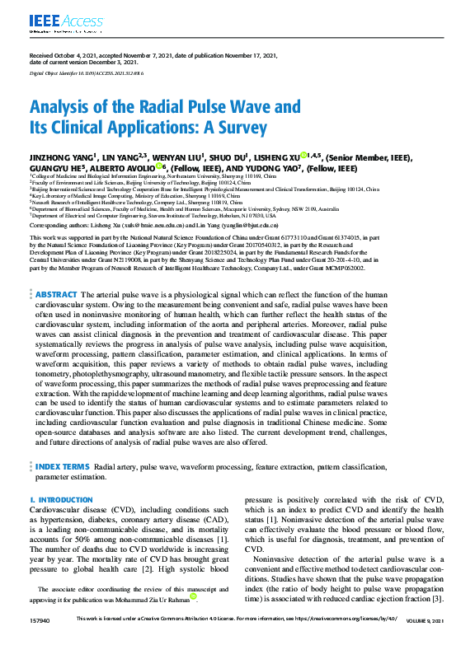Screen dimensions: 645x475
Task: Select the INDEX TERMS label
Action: tap(63, 466)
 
